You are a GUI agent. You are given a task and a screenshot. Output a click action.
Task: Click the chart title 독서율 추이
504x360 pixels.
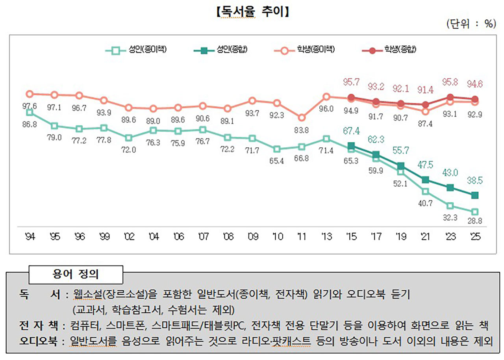pyautogui.click(x=252, y=11)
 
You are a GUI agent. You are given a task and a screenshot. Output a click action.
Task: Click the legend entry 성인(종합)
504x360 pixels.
pyautogui.click(x=222, y=50)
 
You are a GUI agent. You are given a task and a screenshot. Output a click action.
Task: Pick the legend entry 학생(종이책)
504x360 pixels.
pyautogui.click(x=306, y=50)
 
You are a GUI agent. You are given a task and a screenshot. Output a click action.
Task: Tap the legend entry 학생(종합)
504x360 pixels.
pyautogui.click(x=390, y=50)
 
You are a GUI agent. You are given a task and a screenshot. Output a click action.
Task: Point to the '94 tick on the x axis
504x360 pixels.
pyautogui.click(x=29, y=237)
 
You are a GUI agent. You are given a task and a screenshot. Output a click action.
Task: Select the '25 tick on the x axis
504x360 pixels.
pyautogui.click(x=475, y=237)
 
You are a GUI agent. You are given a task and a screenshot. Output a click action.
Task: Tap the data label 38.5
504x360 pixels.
pyautogui.click(x=475, y=181)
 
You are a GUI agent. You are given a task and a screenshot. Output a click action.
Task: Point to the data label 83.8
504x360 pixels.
pyautogui.click(x=301, y=129)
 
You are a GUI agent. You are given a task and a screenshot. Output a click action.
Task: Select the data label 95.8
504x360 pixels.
pyautogui.click(x=450, y=84)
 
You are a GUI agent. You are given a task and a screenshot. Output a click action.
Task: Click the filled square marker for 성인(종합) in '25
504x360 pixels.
pyautogui.click(x=475, y=195)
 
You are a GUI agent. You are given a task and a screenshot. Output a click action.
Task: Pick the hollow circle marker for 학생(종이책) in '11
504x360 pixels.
pyautogui.click(x=301, y=117)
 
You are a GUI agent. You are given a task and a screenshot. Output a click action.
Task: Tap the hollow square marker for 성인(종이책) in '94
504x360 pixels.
pyautogui.click(x=29, y=113)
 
